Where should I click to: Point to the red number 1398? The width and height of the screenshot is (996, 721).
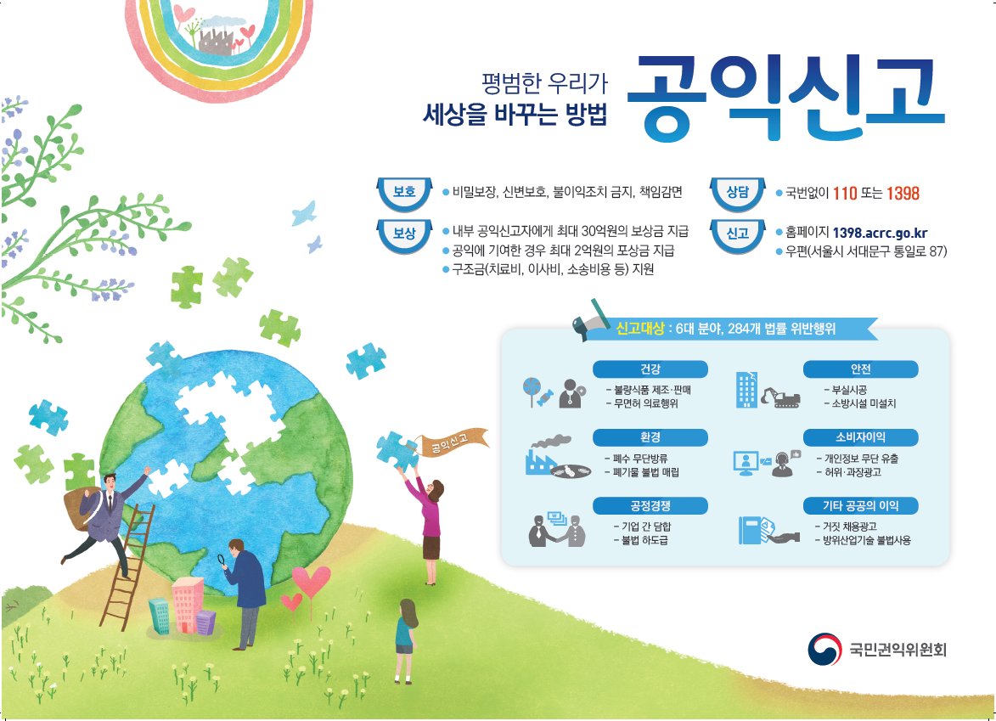click(903, 194)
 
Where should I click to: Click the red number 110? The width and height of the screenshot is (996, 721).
click(845, 194)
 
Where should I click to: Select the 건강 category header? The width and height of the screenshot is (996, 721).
click(650, 369)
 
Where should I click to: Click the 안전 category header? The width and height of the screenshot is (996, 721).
click(861, 369)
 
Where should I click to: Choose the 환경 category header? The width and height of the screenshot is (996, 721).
click(650, 437)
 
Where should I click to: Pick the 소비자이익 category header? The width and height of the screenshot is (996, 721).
click(861, 437)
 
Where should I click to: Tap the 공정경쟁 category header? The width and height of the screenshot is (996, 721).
click(650, 506)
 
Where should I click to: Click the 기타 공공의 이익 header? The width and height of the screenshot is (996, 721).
click(861, 506)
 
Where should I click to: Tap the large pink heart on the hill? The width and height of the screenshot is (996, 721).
click(311, 582)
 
